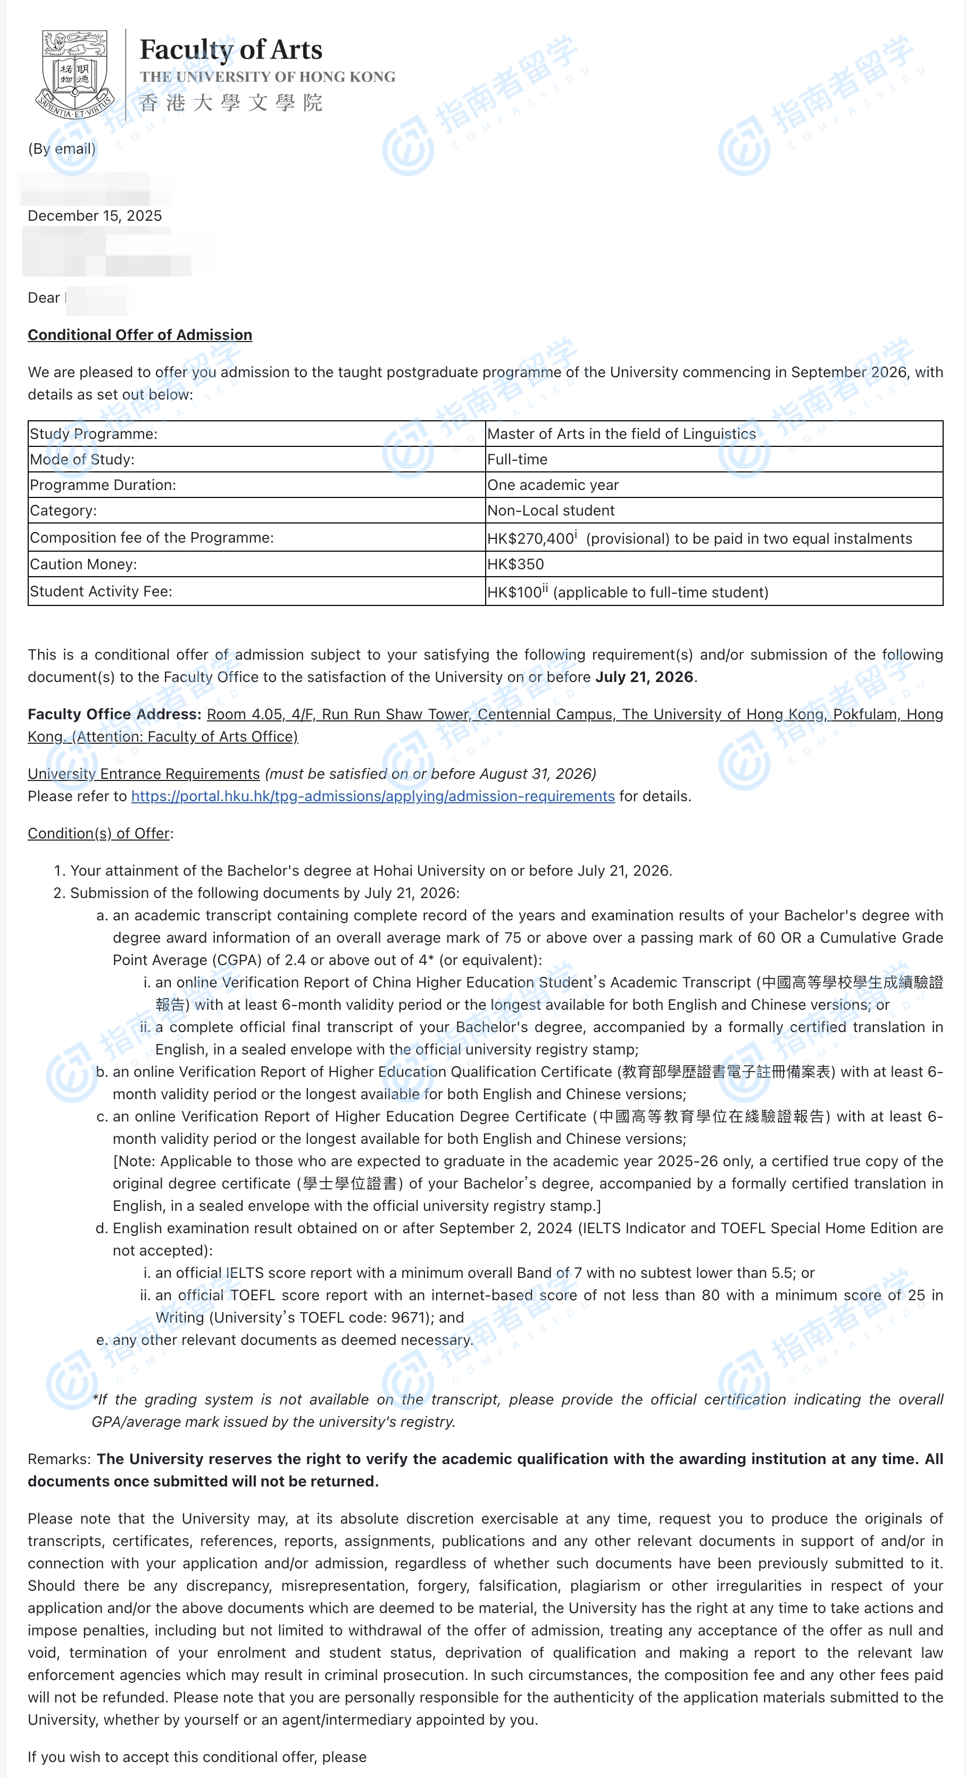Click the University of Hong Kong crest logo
(74, 74)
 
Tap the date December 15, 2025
(95, 216)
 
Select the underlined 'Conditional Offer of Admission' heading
(139, 335)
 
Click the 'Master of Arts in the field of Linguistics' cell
(621, 434)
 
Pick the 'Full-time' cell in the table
(517, 460)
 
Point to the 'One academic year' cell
(553, 485)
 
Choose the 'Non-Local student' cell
(551, 511)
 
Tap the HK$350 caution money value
(515, 564)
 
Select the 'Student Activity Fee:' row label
(101, 592)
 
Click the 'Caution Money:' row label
(83, 564)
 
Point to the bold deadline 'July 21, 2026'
(644, 677)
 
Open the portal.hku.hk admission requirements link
(372, 796)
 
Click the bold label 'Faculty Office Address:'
(114, 714)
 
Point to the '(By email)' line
(61, 149)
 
